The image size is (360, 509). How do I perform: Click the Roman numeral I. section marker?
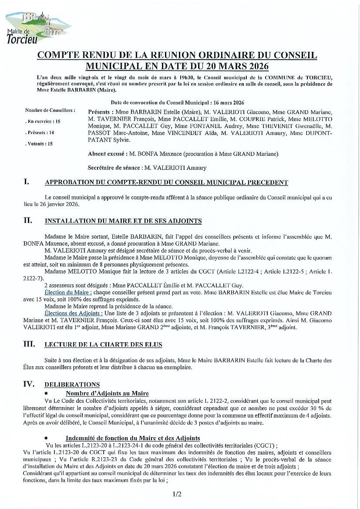click(x=27, y=182)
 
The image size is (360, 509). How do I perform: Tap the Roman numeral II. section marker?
click(x=28, y=220)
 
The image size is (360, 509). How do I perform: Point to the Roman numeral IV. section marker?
click(x=29, y=384)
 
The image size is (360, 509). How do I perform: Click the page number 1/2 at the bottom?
click(x=177, y=494)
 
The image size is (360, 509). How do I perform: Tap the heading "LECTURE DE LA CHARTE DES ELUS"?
click(x=103, y=345)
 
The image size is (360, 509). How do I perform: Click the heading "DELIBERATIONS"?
click(x=72, y=385)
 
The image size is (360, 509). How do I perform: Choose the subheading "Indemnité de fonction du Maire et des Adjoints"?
click(x=133, y=438)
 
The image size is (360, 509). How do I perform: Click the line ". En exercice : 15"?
click(x=43, y=121)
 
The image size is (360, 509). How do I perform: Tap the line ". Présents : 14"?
click(x=40, y=132)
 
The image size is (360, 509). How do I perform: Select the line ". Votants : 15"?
click(x=39, y=143)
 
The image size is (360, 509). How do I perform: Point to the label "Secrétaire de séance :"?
click(x=115, y=168)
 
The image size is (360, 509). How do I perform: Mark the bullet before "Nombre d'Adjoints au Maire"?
click(x=46, y=394)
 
